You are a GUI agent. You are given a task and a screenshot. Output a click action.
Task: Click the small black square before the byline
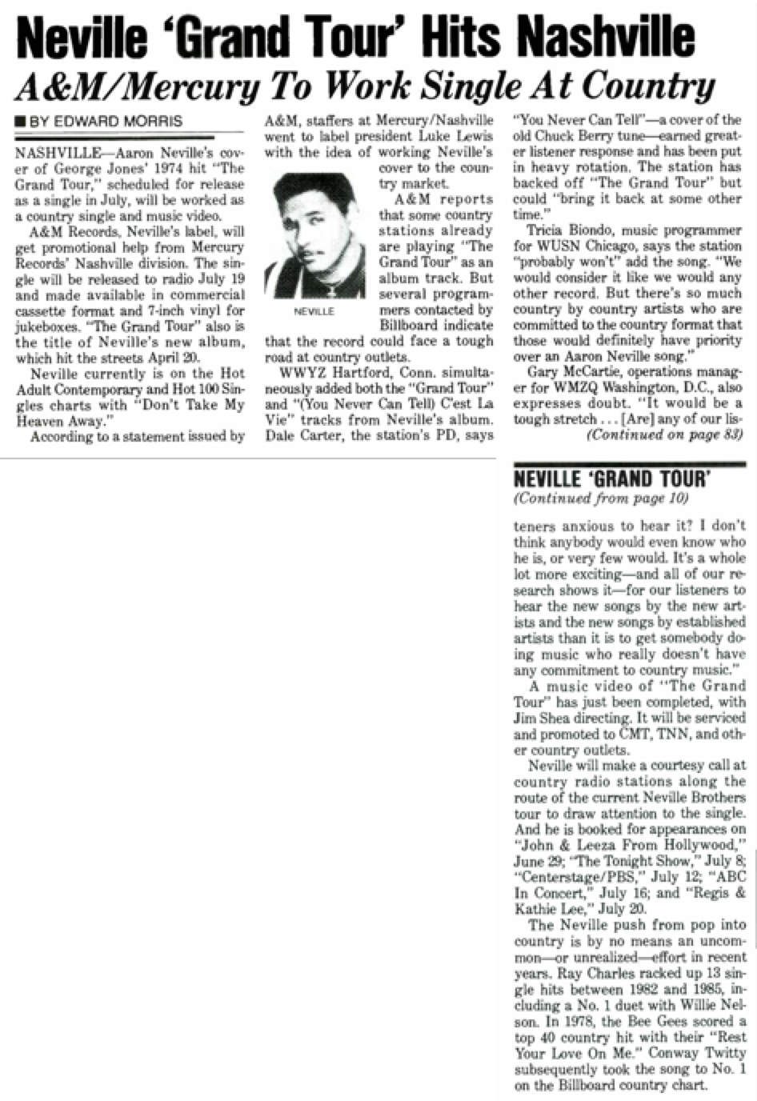[x=20, y=122]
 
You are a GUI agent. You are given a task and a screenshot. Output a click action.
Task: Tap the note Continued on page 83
[x=664, y=435]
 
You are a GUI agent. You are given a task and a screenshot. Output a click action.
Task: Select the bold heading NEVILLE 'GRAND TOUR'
[x=611, y=479]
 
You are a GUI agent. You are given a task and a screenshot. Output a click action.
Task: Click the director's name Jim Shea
[x=540, y=718]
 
